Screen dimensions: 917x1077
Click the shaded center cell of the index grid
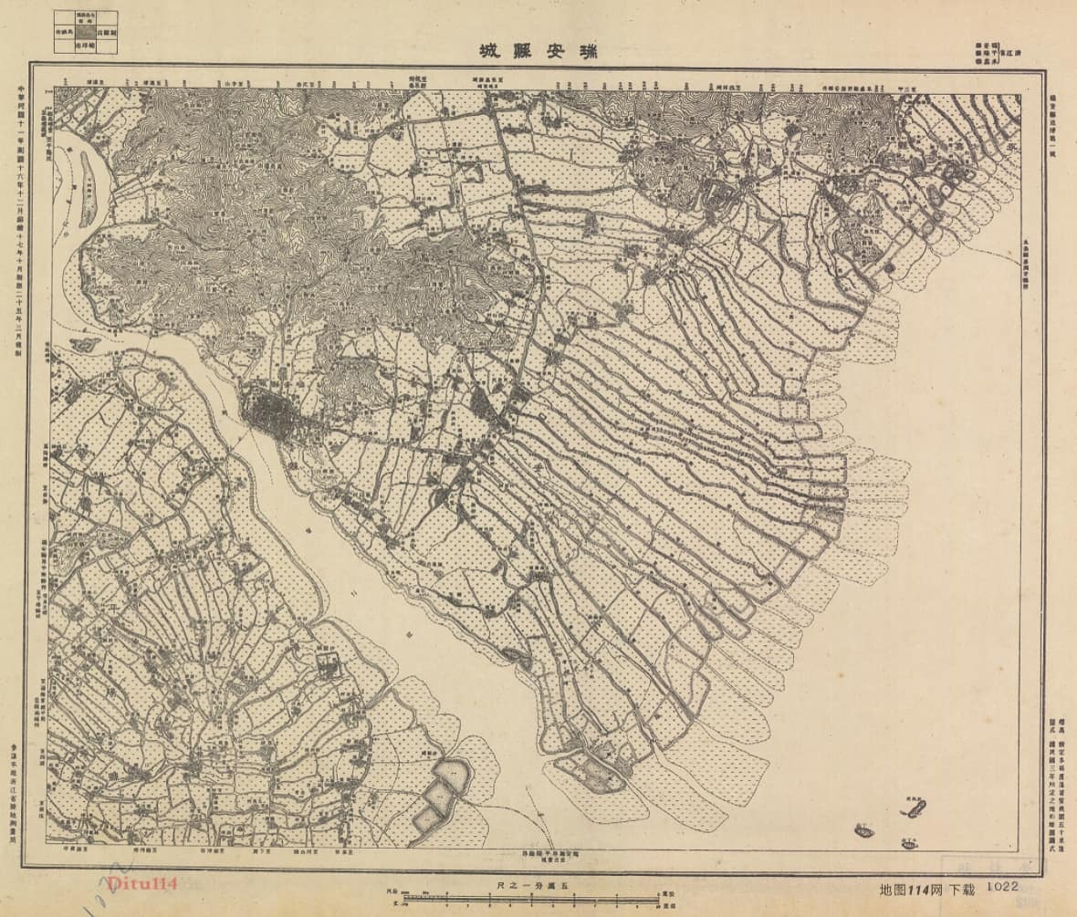point(85,31)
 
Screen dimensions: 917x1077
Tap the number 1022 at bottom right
point(1001,886)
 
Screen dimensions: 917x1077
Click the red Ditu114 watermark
point(141,883)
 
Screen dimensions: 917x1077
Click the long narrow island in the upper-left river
point(87,188)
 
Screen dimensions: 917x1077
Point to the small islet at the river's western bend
point(85,345)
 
